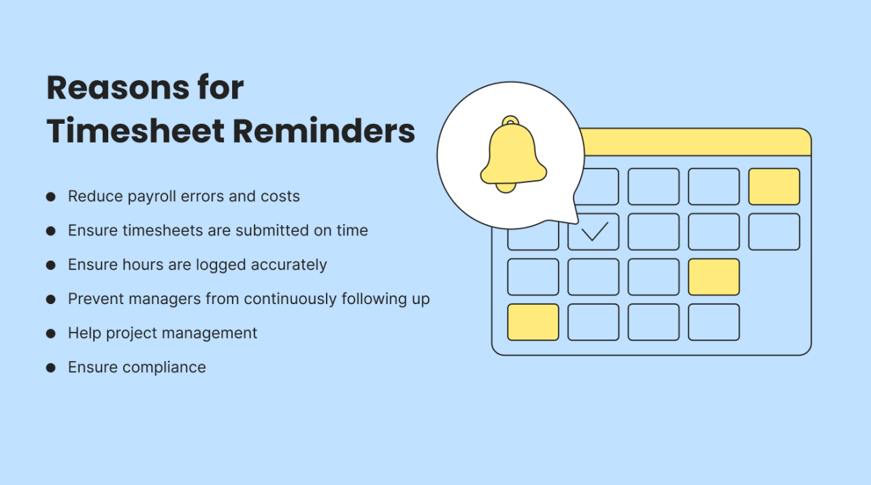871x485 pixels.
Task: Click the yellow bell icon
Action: (x=512, y=155)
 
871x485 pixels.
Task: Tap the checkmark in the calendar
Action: (x=593, y=232)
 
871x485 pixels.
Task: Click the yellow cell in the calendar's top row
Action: (x=774, y=186)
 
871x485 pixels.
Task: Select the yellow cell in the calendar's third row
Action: (x=713, y=277)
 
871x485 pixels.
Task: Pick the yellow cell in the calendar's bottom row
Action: (x=533, y=322)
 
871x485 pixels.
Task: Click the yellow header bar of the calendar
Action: (x=694, y=142)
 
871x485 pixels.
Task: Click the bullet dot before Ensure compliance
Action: (x=50, y=367)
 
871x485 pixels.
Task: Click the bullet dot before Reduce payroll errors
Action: (x=50, y=197)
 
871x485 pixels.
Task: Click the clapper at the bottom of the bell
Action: (x=506, y=188)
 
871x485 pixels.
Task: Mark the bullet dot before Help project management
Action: (x=50, y=333)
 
